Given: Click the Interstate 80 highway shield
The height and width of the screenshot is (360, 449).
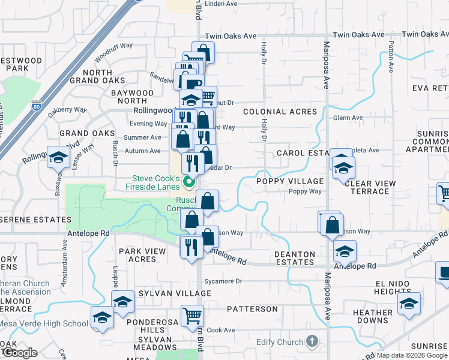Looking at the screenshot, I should coord(37,106).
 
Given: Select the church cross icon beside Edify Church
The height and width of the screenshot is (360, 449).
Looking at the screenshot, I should coord(311,341).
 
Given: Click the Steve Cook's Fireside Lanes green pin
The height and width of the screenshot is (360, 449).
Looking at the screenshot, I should coord(189,181).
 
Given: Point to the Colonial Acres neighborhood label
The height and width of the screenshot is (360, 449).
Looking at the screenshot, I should coord(280,112).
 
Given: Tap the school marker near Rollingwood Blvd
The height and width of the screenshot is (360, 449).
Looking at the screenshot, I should coord(59,158).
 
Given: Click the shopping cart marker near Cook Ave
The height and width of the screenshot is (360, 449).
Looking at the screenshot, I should coord(192,314).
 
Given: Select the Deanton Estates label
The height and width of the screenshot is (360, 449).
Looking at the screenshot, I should coord(295,259).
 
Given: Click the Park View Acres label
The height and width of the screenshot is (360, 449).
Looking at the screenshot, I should coord(137,255).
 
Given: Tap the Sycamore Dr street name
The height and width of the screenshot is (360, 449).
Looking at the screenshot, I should coord(222,281).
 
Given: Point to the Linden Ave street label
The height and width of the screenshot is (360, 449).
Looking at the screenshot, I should coord(222,4).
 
